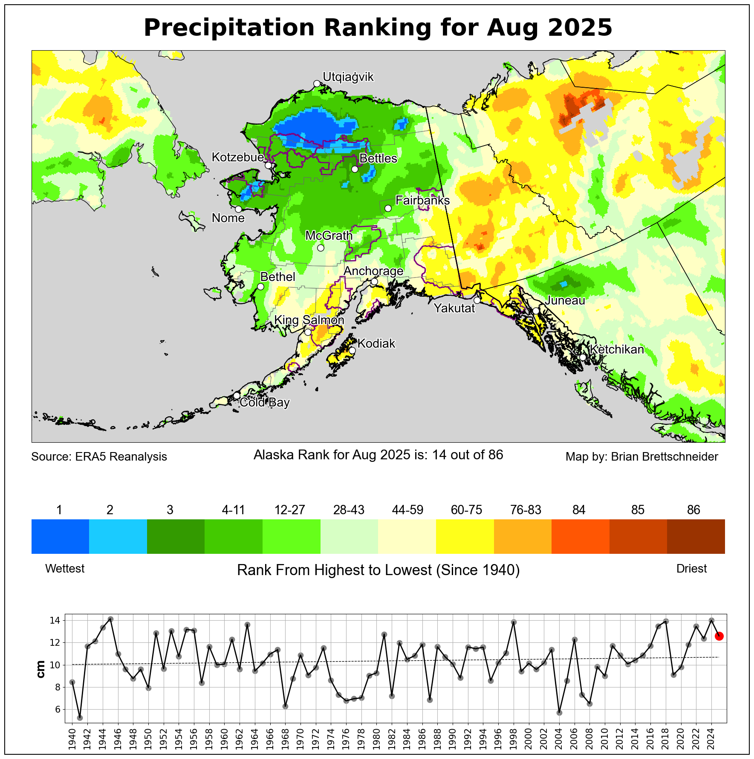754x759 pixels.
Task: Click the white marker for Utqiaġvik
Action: pyautogui.click(x=317, y=83)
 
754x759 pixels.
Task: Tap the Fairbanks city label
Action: pyautogui.click(x=422, y=200)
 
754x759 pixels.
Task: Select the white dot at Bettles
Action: pyautogui.click(x=355, y=169)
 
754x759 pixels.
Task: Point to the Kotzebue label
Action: pyautogui.click(x=238, y=157)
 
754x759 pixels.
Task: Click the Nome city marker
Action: pyautogui.click(x=238, y=209)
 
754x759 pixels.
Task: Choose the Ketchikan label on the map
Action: pyautogui.click(x=617, y=349)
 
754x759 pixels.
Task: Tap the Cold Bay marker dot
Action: pyautogui.click(x=237, y=395)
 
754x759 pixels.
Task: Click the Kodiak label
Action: pyautogui.click(x=376, y=344)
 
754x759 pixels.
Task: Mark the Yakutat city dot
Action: pyautogui.click(x=477, y=300)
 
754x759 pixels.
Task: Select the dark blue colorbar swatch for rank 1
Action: pyautogui.click(x=60, y=536)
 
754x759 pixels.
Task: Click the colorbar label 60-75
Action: pyautogui.click(x=466, y=510)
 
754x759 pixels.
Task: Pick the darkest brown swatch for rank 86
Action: pyautogui.click(x=696, y=536)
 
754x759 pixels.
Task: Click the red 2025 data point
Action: pyautogui.click(x=719, y=636)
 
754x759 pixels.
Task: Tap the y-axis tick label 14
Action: pyautogui.click(x=55, y=621)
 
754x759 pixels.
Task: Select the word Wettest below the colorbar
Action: pyautogui.click(x=65, y=569)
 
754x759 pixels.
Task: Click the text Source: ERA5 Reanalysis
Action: pyautogui.click(x=99, y=457)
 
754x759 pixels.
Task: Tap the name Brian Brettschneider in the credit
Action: pyautogui.click(x=664, y=457)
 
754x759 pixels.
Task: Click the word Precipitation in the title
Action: pyautogui.click(x=229, y=28)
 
